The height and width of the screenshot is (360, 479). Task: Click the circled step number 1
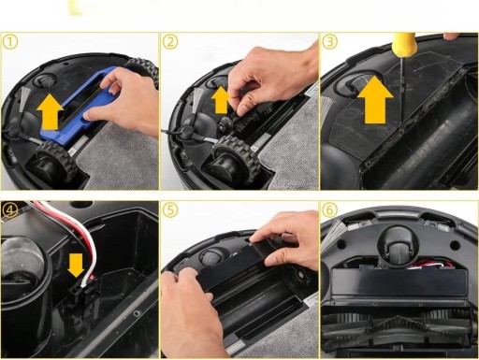[10, 42]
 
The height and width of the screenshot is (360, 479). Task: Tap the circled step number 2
[170, 42]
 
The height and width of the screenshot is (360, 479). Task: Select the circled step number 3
[330, 42]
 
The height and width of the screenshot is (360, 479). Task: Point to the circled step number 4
[10, 210]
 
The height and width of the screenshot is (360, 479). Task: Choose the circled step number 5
[170, 210]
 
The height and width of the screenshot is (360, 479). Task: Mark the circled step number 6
[330, 210]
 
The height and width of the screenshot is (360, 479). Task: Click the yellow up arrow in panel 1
[50, 112]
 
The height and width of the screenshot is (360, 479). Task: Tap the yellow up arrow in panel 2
[221, 100]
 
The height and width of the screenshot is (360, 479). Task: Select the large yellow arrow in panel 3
[375, 100]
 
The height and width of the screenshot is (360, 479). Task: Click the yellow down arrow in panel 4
[76, 265]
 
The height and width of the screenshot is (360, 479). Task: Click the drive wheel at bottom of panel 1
[53, 162]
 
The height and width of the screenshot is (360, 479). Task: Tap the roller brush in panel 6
[396, 330]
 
